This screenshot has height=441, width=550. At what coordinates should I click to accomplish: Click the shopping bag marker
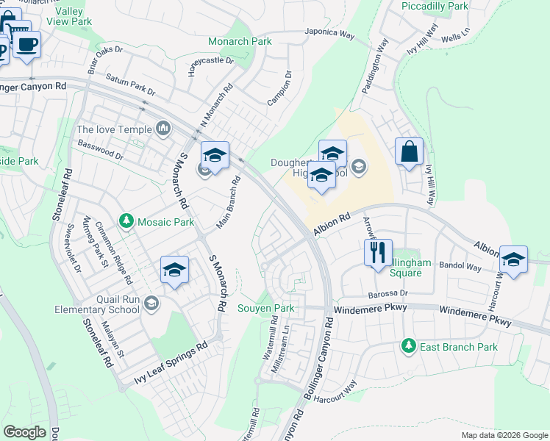pos(409,152)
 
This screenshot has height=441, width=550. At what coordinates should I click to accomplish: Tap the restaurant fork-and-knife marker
pos(378,254)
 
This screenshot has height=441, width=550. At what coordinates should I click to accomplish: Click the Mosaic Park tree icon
pos(126,220)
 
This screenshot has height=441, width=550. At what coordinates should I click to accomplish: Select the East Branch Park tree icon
pos(407,345)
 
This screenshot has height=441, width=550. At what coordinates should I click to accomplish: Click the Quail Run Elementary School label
pos(97,305)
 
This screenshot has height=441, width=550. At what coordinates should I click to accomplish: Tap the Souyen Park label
pos(265,308)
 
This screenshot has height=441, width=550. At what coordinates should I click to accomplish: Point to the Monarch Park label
pos(240,41)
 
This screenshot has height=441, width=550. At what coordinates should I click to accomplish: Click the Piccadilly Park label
pos(435,6)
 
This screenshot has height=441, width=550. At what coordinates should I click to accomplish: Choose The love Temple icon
pos(163,129)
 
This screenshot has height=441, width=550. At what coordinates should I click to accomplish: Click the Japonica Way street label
pos(330,34)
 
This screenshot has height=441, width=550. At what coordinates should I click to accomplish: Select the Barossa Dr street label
pos(387,293)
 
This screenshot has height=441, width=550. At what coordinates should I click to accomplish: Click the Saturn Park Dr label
pos(130,85)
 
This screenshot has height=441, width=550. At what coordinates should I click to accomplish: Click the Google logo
pos(25,431)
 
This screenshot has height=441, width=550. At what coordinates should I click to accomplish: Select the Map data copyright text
pos(504,435)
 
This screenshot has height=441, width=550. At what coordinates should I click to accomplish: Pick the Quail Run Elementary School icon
pos(151,303)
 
